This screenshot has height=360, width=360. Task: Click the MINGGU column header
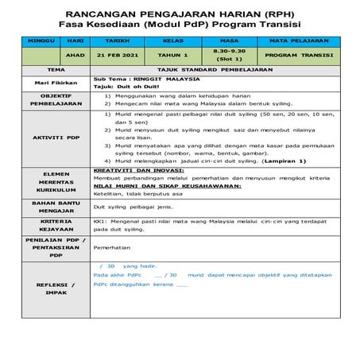pos(37,38)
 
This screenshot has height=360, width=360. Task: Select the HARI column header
pos(75,38)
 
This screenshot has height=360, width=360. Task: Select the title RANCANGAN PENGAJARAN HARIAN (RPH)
pos(180,14)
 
